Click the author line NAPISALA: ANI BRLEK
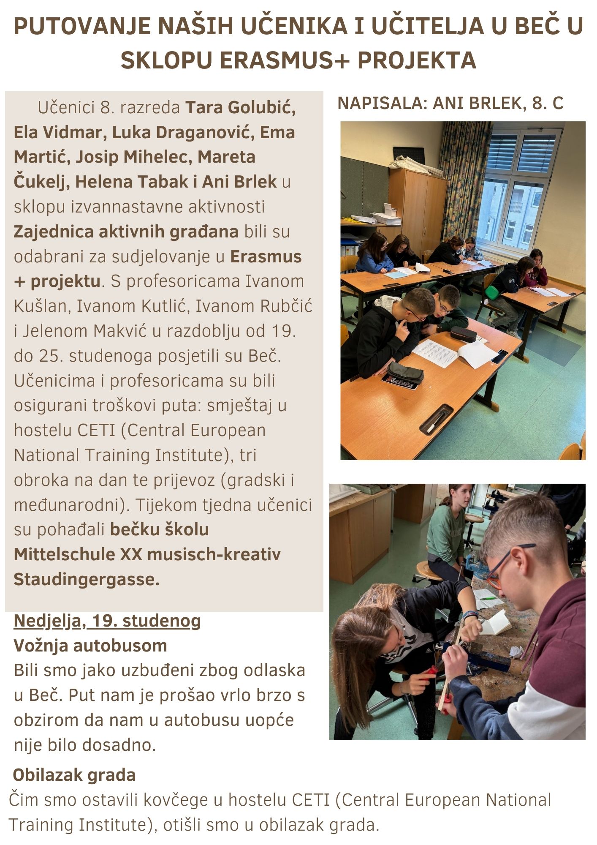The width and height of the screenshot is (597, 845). tap(450, 103)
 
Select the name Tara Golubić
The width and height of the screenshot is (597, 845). tap(241, 108)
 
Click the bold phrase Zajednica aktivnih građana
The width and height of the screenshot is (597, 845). tap(126, 232)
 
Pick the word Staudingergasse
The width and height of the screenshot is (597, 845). tap(87, 579)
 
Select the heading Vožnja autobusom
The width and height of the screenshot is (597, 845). tap(90, 646)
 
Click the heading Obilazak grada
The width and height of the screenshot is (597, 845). tap(74, 775)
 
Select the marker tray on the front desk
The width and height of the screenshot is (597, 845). tap(437, 420)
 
